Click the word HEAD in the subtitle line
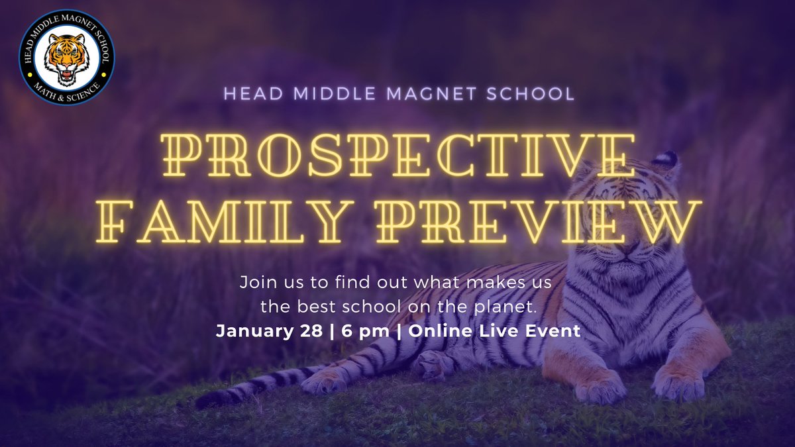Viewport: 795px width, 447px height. click(249, 93)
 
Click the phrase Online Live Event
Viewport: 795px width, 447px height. click(494, 331)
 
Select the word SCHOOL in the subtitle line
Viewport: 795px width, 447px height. click(537, 93)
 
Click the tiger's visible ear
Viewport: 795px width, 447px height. click(666, 162)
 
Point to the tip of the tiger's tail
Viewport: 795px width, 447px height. click(205, 401)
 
